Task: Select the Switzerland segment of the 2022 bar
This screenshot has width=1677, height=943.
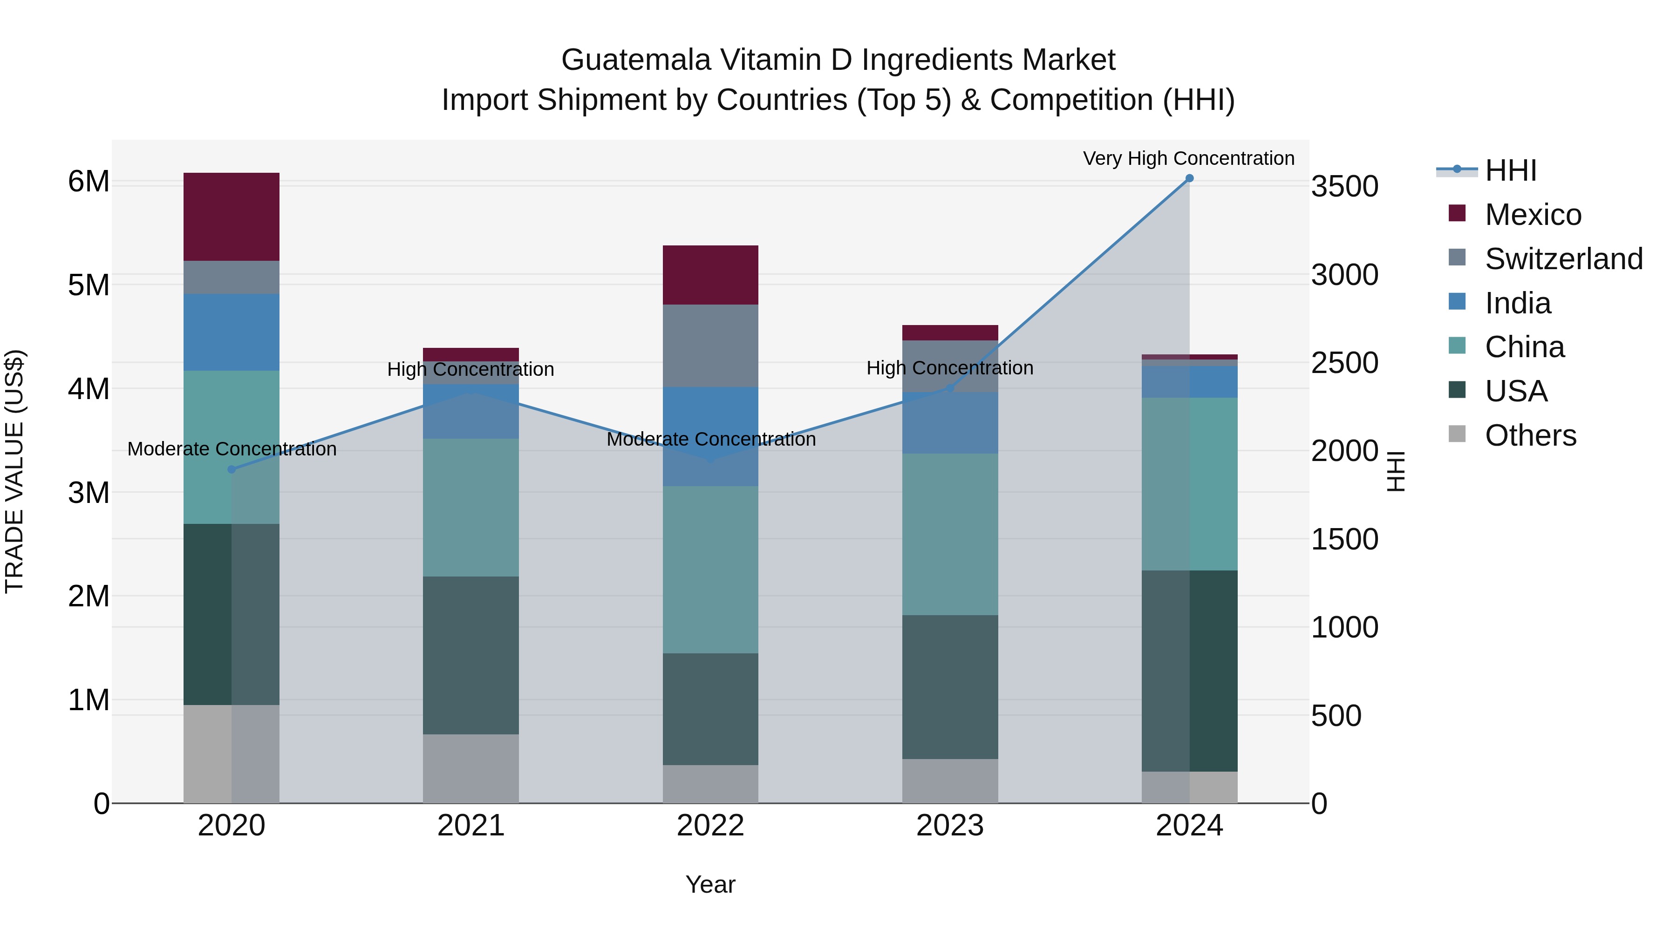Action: tap(710, 346)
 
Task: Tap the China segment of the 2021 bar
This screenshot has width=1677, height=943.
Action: tap(470, 507)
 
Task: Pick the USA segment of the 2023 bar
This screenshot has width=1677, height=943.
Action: tap(950, 686)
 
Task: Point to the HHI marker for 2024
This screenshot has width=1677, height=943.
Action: tap(1189, 178)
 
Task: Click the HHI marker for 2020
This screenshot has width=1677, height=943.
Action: tap(232, 469)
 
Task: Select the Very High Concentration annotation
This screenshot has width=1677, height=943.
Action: tap(1189, 158)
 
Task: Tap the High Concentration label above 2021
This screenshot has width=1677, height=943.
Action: tap(470, 369)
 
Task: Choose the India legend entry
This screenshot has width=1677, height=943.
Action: tap(1518, 303)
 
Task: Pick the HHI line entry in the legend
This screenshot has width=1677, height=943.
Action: tap(1510, 170)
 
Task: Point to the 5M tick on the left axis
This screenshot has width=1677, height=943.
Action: tap(89, 285)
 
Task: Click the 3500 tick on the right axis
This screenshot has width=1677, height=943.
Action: tap(1344, 186)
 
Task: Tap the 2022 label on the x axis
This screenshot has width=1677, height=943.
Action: tap(710, 826)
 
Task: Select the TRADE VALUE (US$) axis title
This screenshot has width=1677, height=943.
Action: tap(14, 471)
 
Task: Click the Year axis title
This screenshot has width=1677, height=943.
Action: tap(710, 884)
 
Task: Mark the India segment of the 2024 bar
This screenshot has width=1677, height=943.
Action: tap(1189, 381)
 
